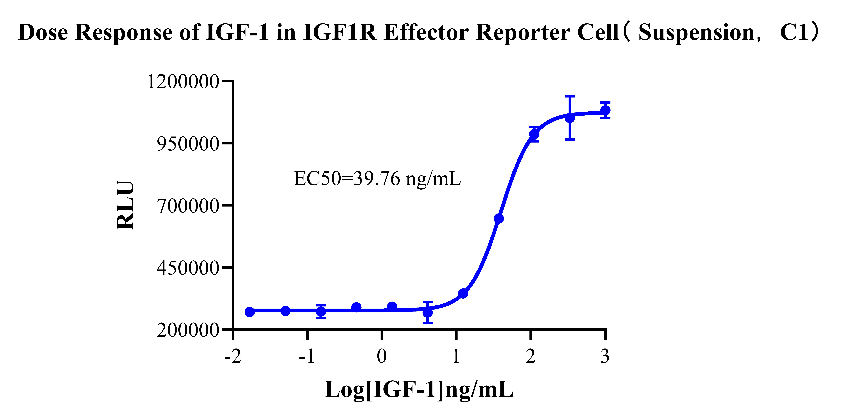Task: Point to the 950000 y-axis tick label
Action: pos(188,144)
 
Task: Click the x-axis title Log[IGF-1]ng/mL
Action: pos(419,390)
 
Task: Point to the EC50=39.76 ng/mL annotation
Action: pos(377,179)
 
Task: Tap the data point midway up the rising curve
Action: pos(498,218)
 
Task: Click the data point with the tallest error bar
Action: pos(570,118)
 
